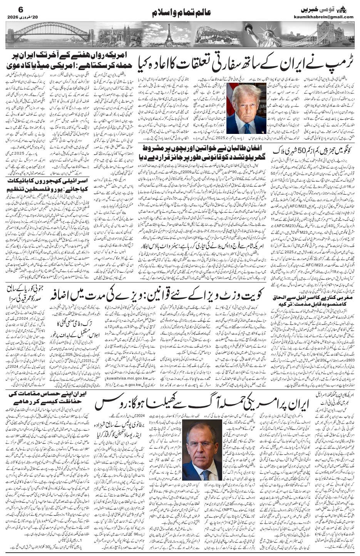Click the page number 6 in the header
(x=11, y=9)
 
